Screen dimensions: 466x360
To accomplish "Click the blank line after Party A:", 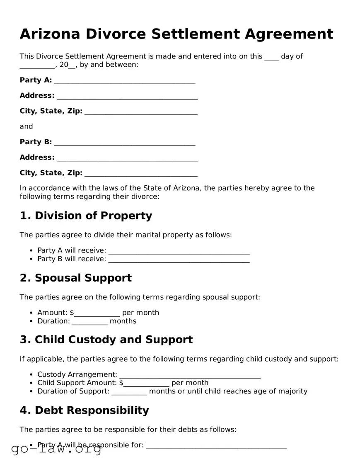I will pos(125,80).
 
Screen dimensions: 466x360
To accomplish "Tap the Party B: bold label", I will pos(36,142).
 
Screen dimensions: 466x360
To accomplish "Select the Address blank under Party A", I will pos(127,96).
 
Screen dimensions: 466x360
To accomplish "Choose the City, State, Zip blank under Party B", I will pos(141,173).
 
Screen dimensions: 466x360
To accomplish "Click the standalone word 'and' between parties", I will pos(26,126).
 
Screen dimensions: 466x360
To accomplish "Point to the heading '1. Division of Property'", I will pos(86,216).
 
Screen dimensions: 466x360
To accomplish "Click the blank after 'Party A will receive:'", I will pos(179,251).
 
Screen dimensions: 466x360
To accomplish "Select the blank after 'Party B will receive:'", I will pos(179,259).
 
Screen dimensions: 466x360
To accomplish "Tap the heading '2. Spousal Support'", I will pos(75,278).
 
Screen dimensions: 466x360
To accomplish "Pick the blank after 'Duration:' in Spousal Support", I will pos(90,321).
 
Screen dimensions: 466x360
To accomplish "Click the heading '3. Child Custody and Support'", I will pos(106,340).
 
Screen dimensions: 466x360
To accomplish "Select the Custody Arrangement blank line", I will pos(189,375).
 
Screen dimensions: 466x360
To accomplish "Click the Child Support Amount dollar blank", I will pos(147,383).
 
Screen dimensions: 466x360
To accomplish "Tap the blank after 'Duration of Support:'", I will pos(129,391).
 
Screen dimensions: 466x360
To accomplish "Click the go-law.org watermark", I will pos(56,449).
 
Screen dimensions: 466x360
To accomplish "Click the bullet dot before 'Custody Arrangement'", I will pos(31,375).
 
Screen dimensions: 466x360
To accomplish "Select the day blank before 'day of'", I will pos(271,57).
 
